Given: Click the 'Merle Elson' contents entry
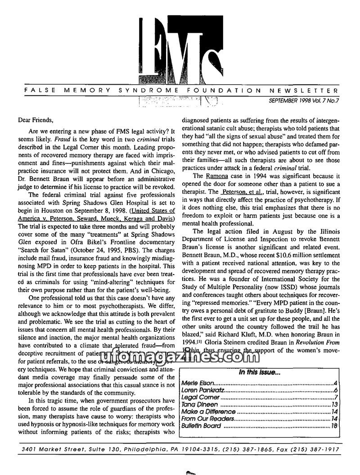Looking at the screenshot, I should [197, 383].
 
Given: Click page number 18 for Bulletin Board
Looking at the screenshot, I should [334, 426].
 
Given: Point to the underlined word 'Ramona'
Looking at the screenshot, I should [217, 176].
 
